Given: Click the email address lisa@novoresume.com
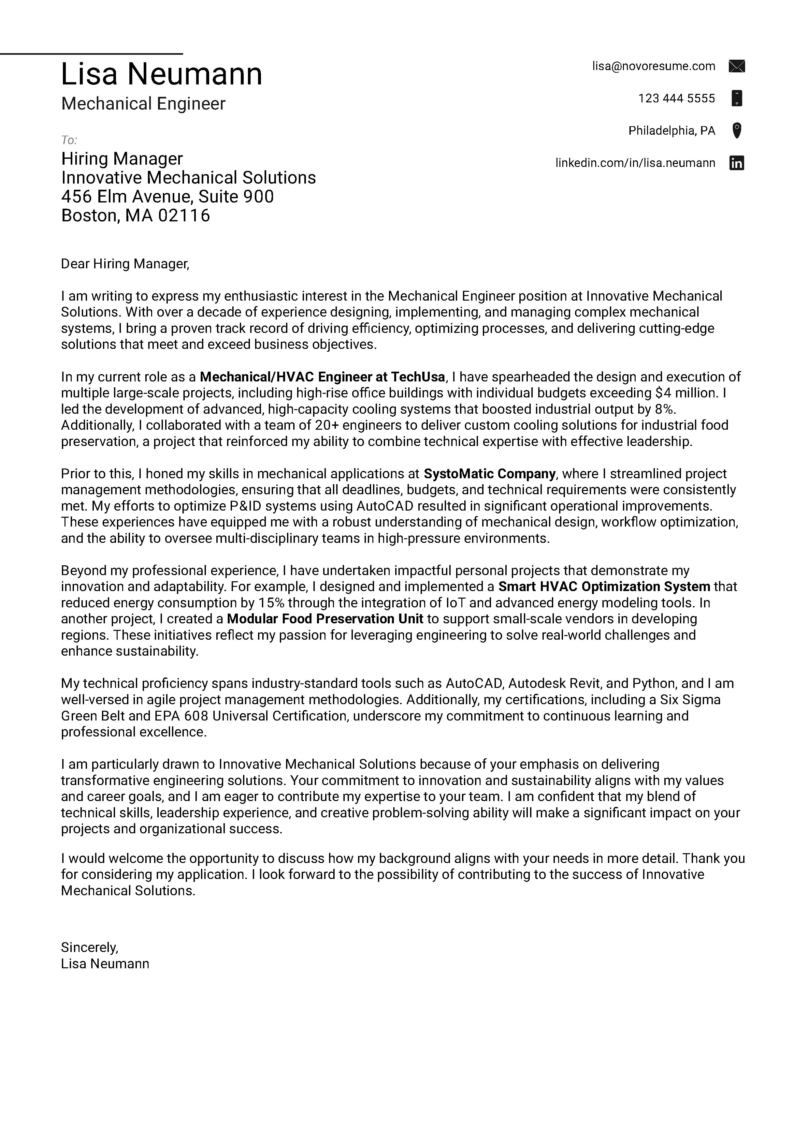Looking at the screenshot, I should coord(653,66).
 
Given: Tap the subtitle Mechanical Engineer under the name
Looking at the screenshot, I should coord(143,104).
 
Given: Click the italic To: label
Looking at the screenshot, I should coord(69,140).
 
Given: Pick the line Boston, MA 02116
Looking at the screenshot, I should coord(136,215).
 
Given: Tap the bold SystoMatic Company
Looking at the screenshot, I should coord(489,473).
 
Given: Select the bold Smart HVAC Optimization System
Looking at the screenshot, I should coord(604,587).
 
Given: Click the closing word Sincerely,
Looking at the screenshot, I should coord(89,947).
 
